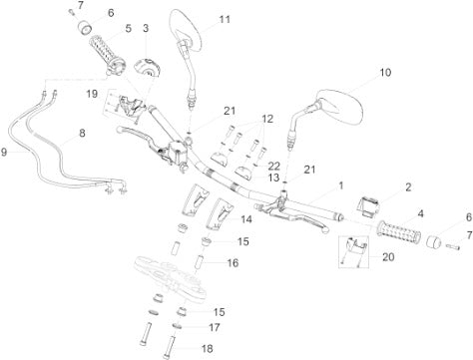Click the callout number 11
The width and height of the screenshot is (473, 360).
click(225, 20)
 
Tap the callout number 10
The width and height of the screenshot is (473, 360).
click(385, 72)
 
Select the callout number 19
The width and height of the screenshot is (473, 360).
click(92, 94)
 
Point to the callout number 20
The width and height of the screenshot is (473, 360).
click(388, 256)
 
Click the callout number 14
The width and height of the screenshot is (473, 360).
click(246, 219)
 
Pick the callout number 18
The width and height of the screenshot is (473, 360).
click(207, 349)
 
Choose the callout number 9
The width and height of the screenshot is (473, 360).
click(4, 153)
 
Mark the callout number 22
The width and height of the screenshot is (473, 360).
click(273, 166)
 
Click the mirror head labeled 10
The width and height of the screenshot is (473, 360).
click(338, 107)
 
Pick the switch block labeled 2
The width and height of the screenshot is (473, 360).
click(367, 206)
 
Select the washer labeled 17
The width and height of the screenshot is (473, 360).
click(179, 326)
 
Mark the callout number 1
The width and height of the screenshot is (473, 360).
click(340, 185)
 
